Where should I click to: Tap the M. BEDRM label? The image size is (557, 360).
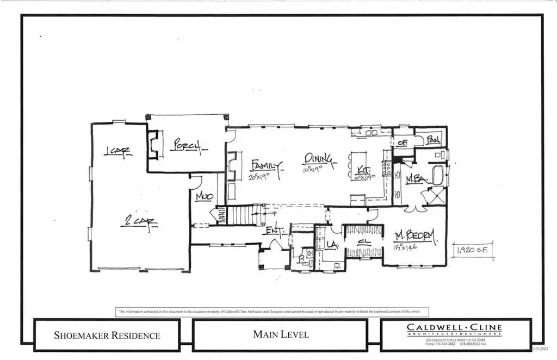click(416, 236)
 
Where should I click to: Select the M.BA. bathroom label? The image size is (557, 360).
click(414, 178)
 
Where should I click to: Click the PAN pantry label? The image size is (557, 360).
click(434, 139)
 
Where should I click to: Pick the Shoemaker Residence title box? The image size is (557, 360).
click(108, 335)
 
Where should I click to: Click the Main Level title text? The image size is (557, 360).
click(281, 334)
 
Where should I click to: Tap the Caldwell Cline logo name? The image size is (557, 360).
click(455, 327)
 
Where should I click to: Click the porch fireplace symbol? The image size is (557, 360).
click(154, 144)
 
